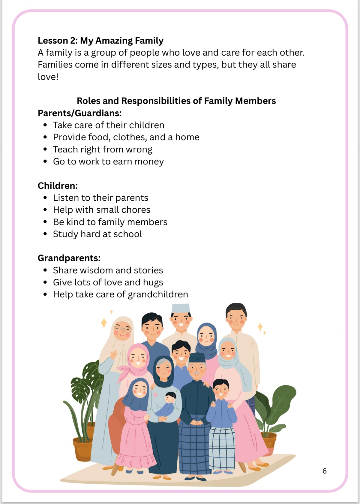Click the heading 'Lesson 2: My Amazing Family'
[100, 41]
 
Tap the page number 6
[324, 471]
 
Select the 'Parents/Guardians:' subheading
[79, 113]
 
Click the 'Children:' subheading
[57, 186]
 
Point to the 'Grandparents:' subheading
[69, 258]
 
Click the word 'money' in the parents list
[149, 162]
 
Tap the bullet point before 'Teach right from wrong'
[45, 150]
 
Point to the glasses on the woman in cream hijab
[123, 330]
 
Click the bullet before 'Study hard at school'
[45, 234]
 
